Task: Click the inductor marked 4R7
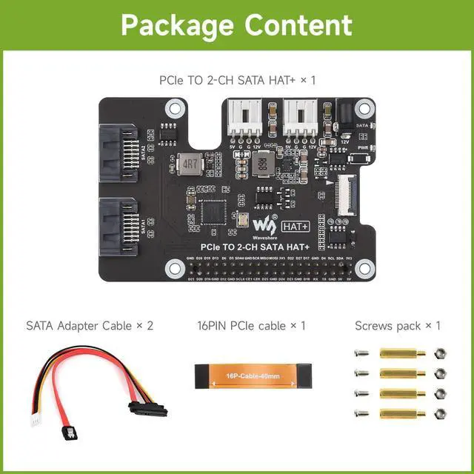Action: click(x=190, y=163)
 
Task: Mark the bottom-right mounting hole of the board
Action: click(x=363, y=267)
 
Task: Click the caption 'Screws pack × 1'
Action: click(x=398, y=325)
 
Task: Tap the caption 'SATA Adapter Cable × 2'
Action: click(x=90, y=325)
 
